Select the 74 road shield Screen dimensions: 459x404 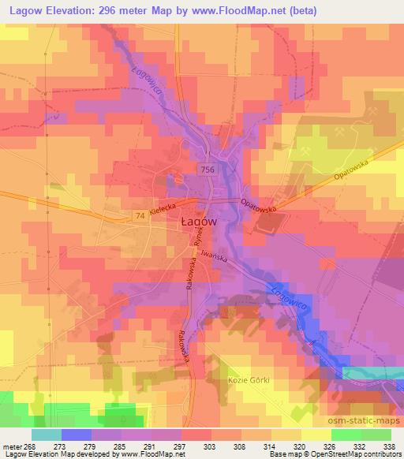click(140, 215)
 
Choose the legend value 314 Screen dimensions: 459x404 click(268, 446)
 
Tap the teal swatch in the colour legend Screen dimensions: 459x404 click(47, 435)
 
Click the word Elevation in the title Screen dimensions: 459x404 click(74, 9)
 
